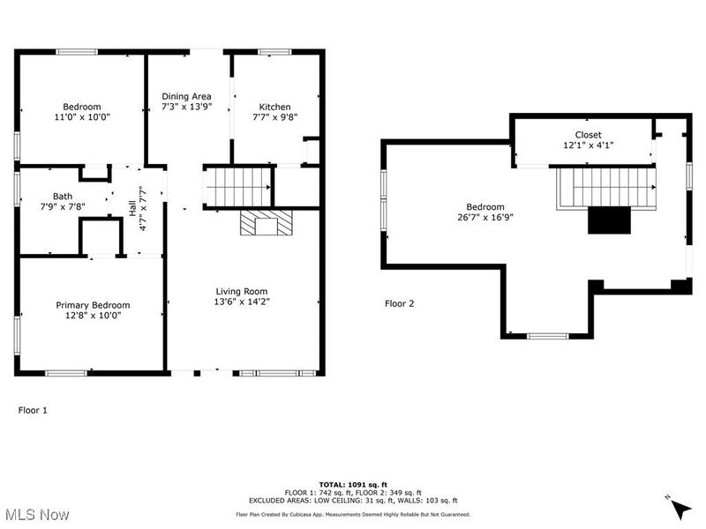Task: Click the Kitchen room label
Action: [x=274, y=106]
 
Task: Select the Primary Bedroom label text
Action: [x=93, y=305]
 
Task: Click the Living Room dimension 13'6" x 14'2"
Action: [x=242, y=302]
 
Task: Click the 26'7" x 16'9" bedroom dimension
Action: [x=486, y=217]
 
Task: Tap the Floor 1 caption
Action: [x=34, y=410]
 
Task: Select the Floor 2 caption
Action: [x=399, y=303]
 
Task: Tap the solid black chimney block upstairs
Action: [x=608, y=220]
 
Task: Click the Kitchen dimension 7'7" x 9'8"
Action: [x=274, y=116]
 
